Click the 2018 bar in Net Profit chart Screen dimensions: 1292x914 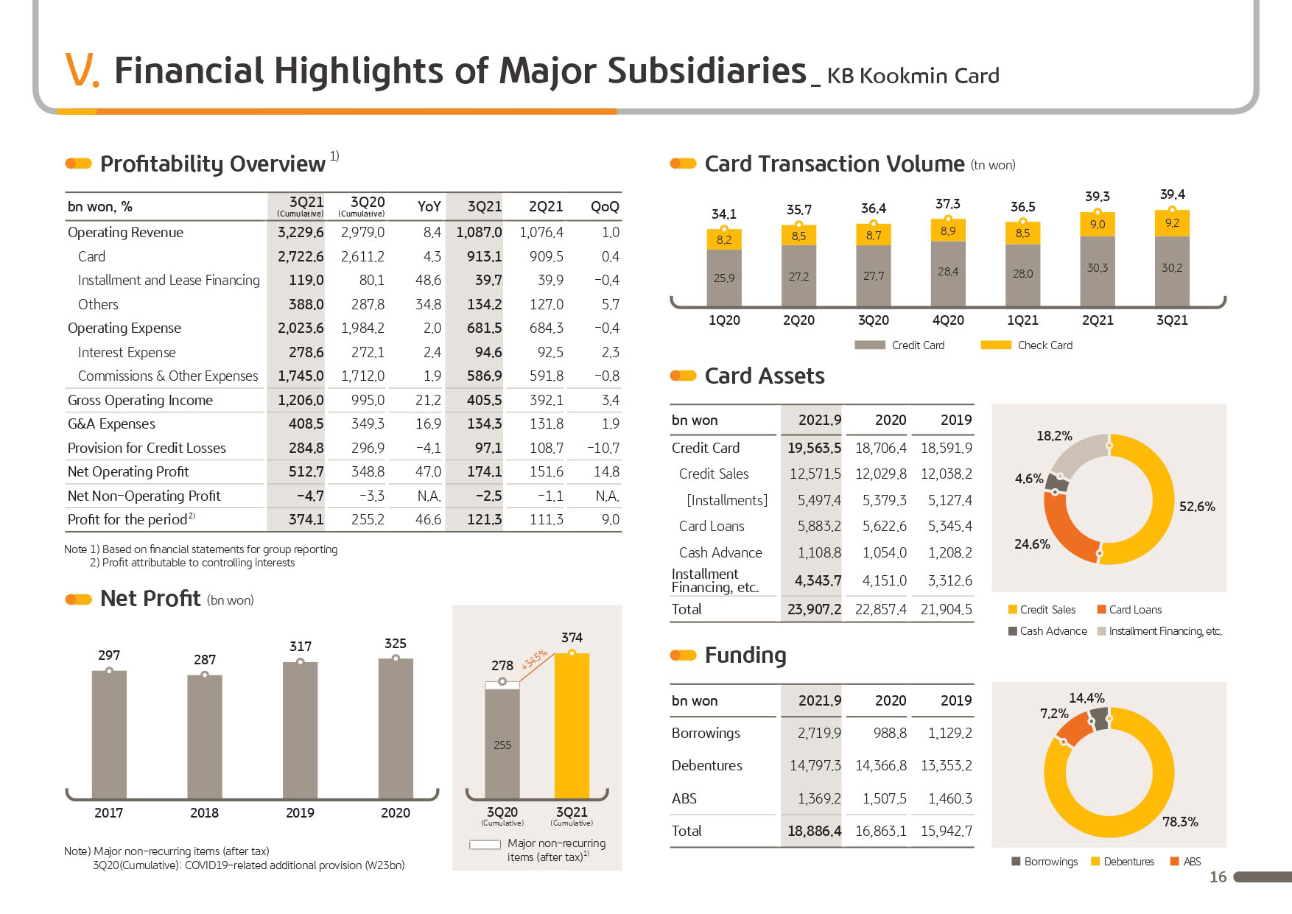coord(205,737)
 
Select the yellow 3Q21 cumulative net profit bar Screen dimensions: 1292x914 coord(572,725)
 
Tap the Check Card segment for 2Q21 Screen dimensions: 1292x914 coord(1098,224)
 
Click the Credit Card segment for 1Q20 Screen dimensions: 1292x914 coord(724,278)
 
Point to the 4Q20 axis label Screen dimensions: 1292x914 coord(948,320)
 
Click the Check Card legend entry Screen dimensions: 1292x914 coord(1027,345)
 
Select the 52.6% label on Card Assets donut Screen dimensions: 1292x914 coord(1197,507)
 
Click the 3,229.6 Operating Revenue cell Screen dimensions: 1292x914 coord(301,233)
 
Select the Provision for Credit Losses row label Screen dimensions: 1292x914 coord(147,448)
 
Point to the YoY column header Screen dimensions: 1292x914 coord(429,207)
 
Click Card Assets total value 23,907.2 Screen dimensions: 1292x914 coord(814,610)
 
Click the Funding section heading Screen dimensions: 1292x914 coord(745,655)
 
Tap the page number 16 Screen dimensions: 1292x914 coord(1218,877)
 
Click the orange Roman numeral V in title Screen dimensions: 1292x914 coord(82,71)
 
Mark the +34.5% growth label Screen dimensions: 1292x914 coord(535,659)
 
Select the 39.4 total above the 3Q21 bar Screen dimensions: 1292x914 coord(1172,194)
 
